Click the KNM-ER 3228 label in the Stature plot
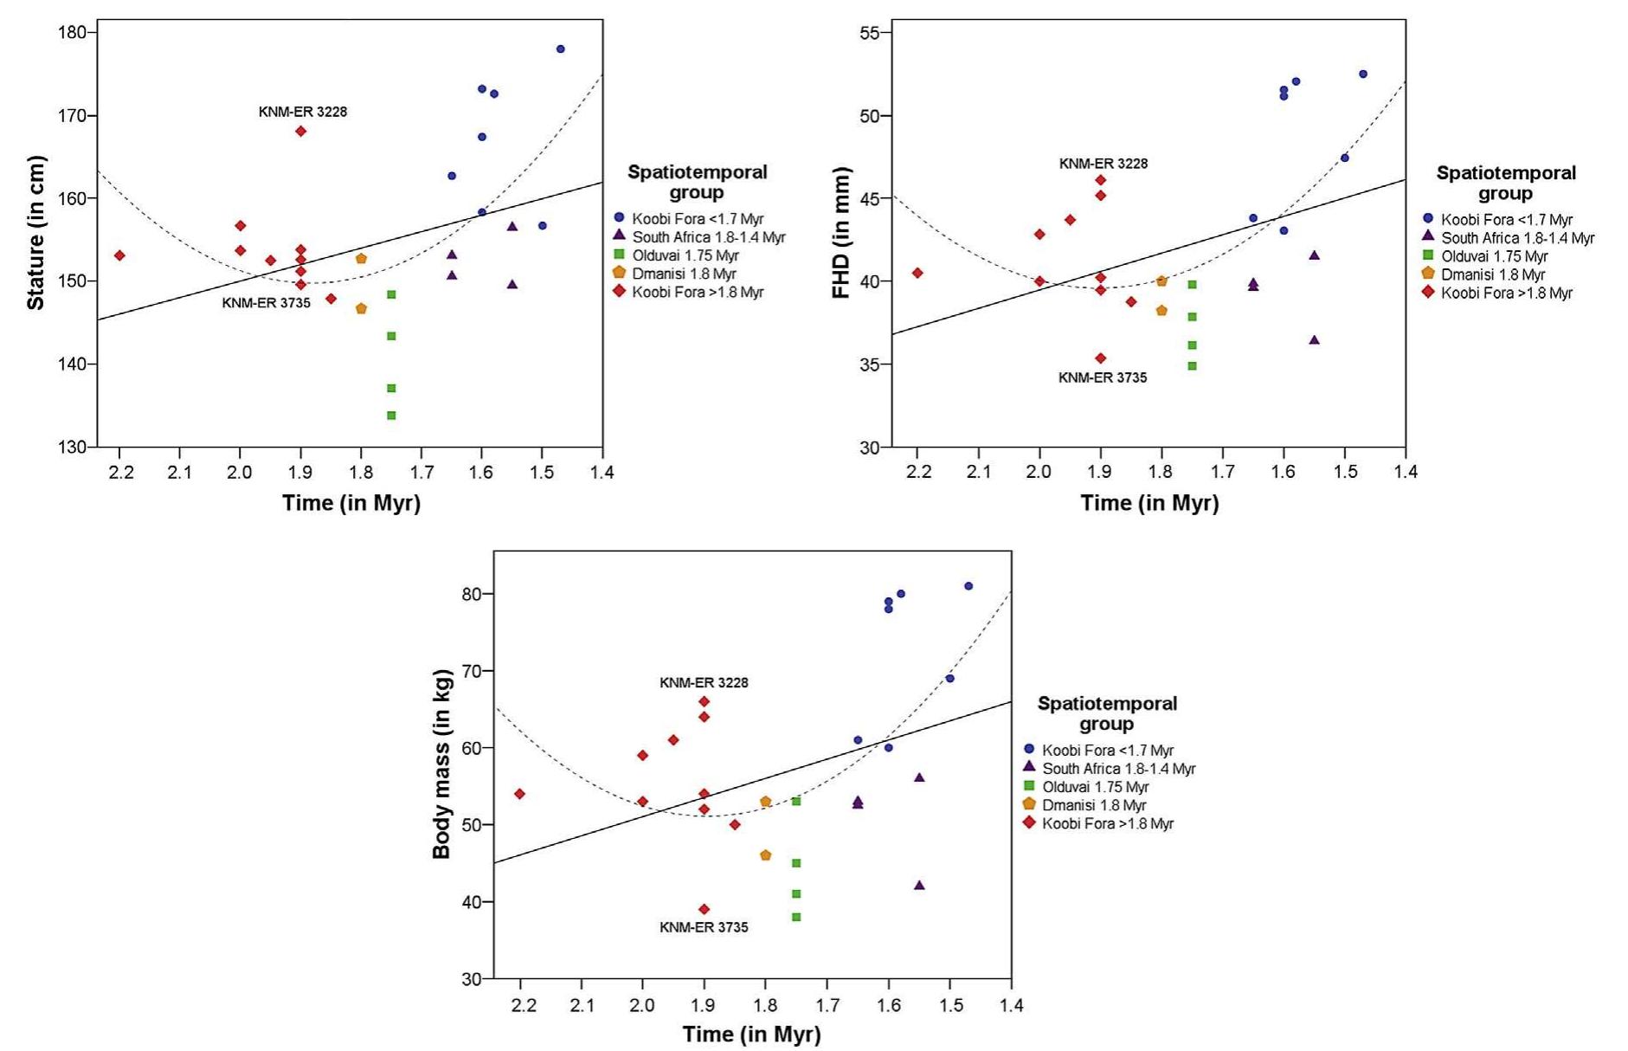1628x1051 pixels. tap(302, 112)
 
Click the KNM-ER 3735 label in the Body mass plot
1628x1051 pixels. tap(704, 927)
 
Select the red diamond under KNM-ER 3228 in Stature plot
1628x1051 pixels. tap(300, 131)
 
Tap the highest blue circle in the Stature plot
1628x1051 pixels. tap(560, 48)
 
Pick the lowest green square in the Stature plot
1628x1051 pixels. tap(391, 416)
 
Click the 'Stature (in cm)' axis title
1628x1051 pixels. tap(35, 232)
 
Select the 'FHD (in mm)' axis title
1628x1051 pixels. tap(840, 232)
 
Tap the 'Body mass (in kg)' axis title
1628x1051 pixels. tap(441, 764)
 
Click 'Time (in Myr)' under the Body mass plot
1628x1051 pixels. tap(751, 1034)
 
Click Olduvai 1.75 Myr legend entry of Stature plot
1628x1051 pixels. tap(685, 255)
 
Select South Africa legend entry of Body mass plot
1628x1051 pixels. tap(1118, 769)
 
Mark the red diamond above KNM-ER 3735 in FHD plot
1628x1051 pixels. tap(1100, 358)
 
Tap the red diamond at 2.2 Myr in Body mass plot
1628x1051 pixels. tap(519, 794)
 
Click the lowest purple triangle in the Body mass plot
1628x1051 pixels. tap(919, 885)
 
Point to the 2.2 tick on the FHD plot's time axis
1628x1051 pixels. tap(918, 472)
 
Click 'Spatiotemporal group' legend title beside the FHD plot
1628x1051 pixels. tap(1506, 183)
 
